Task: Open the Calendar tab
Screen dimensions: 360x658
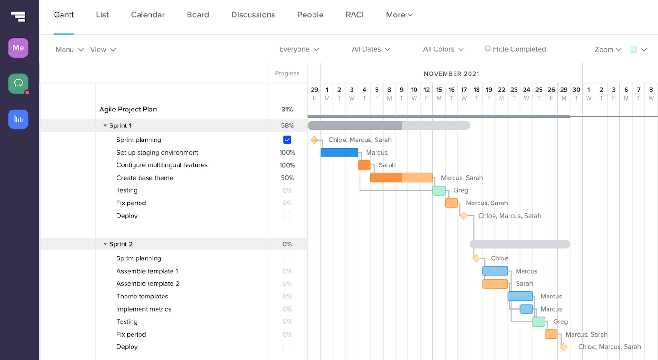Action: [148, 15]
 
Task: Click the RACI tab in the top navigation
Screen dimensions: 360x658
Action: [354, 15]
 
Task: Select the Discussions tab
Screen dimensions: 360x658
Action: [253, 15]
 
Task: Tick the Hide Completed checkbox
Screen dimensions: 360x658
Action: [487, 48]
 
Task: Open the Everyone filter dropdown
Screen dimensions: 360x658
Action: [299, 49]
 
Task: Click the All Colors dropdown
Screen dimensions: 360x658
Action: [443, 49]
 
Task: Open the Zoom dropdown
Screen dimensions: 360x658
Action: [608, 50]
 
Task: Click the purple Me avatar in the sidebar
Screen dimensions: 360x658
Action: [18, 48]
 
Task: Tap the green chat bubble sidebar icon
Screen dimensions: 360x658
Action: [18, 83]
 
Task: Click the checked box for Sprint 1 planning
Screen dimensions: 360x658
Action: [287, 140]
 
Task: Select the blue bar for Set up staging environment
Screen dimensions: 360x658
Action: [339, 152]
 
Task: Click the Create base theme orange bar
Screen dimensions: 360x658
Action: [401, 178]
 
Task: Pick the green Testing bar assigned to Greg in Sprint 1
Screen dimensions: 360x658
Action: [439, 190]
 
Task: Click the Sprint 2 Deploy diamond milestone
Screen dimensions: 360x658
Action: [564, 347]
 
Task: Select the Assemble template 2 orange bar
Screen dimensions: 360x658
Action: [495, 284]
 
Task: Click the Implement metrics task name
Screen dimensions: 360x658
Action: [144, 309]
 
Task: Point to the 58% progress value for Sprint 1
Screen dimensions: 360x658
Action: [287, 125]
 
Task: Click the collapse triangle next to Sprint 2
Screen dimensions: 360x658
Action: [105, 244]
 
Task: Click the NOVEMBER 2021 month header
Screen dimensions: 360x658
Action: [451, 74]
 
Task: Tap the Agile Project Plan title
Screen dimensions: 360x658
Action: [128, 110]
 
